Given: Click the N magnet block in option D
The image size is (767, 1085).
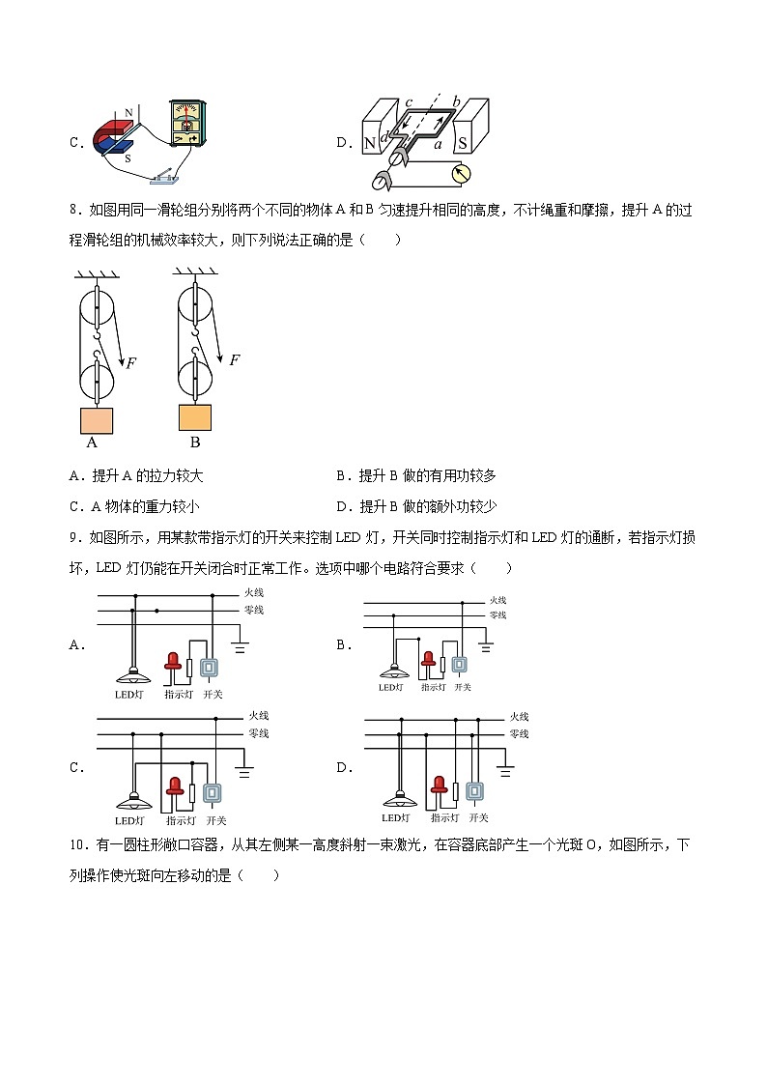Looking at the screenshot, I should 370,143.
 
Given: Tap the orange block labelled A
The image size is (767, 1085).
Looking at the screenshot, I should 96,421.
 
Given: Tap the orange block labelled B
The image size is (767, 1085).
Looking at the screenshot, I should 195,417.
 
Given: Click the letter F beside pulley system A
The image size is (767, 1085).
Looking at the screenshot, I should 131,363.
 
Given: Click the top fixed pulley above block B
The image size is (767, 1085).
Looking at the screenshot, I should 197,308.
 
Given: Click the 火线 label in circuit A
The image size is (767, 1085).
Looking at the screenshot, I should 253,592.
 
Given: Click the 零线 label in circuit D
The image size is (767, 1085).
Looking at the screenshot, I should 519,734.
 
